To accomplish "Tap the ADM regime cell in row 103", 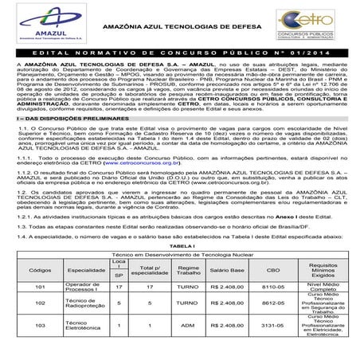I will [x=192, y=325].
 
